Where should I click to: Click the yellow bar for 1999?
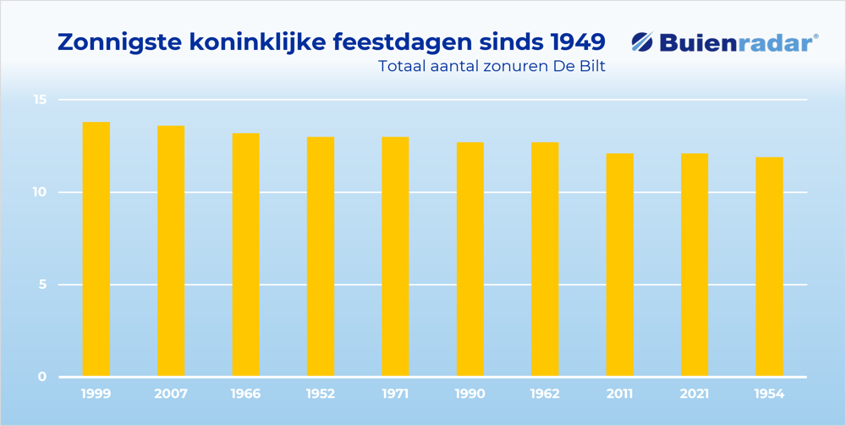[96, 249]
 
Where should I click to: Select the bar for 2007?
[171, 251]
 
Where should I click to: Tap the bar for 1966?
[245, 254]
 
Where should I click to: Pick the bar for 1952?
[321, 256]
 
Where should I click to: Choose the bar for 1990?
[470, 258]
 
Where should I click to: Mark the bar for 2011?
[620, 264]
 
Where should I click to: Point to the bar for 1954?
[769, 266]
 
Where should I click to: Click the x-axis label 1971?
[395, 394]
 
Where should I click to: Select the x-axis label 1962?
[545, 394]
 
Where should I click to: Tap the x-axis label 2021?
[695, 394]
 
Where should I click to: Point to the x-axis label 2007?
[171, 394]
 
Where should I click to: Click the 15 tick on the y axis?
[40, 100]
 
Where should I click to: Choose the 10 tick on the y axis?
[40, 192]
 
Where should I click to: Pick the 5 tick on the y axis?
[41, 285]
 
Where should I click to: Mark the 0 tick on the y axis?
[41, 377]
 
